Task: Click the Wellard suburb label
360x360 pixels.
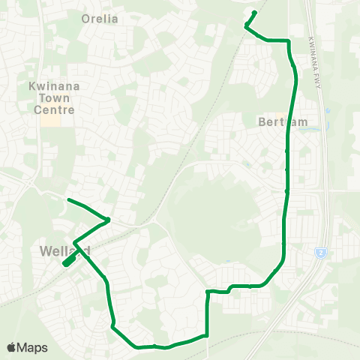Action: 67,250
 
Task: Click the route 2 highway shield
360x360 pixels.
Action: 320,252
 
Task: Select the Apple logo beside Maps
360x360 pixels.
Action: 13,347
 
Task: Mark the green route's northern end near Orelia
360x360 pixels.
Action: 256,12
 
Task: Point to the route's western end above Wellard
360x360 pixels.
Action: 68,199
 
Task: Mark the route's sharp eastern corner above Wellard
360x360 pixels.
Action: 109,220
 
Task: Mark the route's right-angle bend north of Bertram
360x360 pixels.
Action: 288,40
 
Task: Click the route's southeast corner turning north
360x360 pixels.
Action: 207,335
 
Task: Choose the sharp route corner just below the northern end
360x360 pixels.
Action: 246,26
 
